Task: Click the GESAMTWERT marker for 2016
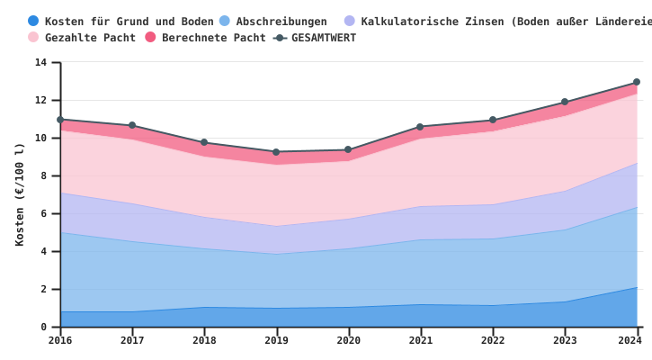(x=60, y=120)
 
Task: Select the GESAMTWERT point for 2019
(x=276, y=152)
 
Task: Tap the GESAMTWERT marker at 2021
(x=420, y=127)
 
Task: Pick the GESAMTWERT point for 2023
(x=565, y=102)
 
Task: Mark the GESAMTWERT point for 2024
(x=637, y=82)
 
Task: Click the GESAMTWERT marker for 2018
(x=204, y=142)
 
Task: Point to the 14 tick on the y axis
(x=40, y=63)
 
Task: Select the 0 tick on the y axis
(x=43, y=328)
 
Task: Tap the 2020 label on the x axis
(x=348, y=341)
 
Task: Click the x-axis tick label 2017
(x=132, y=341)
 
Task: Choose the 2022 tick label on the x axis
(x=492, y=341)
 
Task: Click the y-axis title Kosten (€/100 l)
(x=20, y=194)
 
